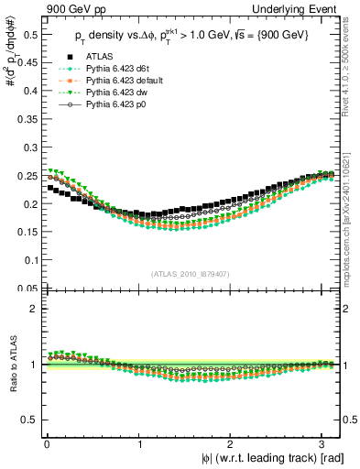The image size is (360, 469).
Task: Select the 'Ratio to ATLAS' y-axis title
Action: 10,365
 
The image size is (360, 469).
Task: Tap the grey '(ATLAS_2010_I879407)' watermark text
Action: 191,274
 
